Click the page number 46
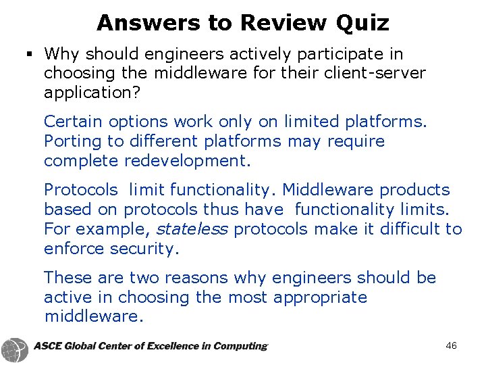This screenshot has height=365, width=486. coord(451,346)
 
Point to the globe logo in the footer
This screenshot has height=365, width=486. coord(14,349)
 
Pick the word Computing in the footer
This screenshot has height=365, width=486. coord(240,346)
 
